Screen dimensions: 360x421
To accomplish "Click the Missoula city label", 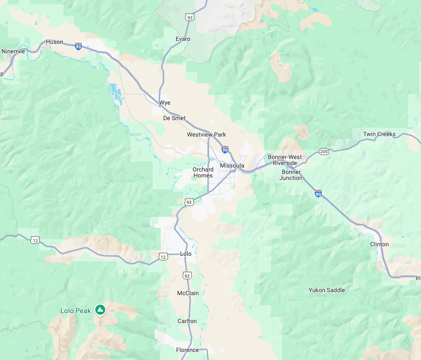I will coord(232,166).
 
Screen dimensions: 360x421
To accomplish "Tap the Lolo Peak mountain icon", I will coord(100,310).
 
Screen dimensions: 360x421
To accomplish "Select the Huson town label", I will coord(54,42).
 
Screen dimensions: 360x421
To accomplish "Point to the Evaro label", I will coord(183,39).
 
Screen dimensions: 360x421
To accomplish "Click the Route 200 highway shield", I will coord(324,152).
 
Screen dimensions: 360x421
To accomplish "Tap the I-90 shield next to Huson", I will coord(78,46).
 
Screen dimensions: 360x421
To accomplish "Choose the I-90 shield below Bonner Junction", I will coord(318,193).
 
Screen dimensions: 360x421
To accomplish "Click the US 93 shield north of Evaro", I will coord(190,17).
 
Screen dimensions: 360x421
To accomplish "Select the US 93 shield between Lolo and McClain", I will coord(187,275).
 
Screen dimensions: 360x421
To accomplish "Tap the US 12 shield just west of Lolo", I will coord(163,256).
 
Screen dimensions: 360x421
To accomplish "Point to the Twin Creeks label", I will coord(379,134).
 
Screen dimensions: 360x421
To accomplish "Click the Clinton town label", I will coord(379,244).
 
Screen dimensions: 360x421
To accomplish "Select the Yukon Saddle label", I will coord(327,290).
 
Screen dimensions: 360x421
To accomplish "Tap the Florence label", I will coord(187,350).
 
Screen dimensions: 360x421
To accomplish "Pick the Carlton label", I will coord(187,321).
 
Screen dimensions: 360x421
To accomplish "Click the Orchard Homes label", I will coord(203,173).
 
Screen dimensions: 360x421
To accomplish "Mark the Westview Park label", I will coord(207,135).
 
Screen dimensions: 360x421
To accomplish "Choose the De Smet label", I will coord(174,119).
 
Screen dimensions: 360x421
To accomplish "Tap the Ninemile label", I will coord(13,51).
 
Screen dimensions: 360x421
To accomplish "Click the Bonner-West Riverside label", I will coord(285,160).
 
